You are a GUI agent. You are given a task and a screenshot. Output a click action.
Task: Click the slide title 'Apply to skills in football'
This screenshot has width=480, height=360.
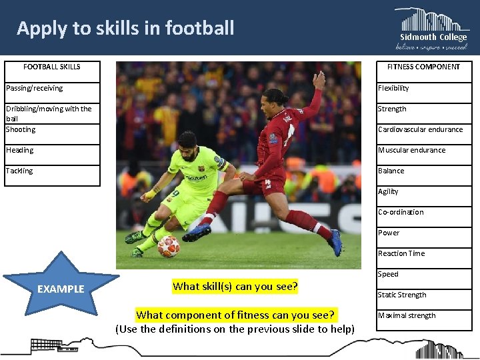[125, 28]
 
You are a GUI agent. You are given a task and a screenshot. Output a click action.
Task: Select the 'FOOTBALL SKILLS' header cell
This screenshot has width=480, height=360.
[52, 67]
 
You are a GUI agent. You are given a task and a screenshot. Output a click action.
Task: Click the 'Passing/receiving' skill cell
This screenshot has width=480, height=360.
[52, 88]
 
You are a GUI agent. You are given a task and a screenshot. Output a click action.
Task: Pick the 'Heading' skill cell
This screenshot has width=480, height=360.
[52, 150]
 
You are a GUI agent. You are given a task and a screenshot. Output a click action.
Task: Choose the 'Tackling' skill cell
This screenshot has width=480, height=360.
[52, 171]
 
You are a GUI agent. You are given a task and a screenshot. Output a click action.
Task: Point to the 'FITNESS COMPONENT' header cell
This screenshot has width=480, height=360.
[423, 67]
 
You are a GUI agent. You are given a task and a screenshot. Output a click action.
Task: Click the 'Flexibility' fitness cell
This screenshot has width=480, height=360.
[423, 88]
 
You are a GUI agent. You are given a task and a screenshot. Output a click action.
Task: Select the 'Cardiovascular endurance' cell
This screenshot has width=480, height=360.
[423, 129]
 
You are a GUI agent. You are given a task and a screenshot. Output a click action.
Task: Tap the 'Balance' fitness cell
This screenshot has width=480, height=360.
[423, 171]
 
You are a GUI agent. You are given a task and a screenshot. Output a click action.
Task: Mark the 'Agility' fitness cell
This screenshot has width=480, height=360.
[423, 191]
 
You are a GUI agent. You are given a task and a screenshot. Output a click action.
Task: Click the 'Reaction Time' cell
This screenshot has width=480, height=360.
[423, 253]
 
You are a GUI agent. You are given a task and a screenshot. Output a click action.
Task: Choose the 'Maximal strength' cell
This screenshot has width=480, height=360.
[423, 315]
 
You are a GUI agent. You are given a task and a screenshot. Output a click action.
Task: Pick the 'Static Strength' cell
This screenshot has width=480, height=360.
[423, 295]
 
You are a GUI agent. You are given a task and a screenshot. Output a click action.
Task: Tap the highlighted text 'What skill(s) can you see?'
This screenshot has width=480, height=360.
[235, 287]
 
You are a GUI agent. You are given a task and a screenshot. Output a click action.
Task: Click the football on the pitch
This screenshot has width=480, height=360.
[168, 246]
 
